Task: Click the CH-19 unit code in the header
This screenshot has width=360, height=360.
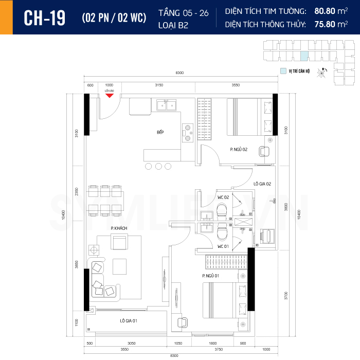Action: click(x=45, y=17)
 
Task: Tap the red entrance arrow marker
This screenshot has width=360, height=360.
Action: click(x=109, y=95)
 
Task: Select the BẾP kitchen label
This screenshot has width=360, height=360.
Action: click(x=160, y=133)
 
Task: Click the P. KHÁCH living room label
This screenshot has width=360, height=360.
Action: click(x=119, y=227)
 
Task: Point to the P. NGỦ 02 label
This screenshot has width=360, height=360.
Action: click(x=239, y=149)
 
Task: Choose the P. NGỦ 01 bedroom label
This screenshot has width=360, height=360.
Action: click(x=211, y=276)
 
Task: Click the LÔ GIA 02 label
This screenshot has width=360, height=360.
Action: click(x=262, y=184)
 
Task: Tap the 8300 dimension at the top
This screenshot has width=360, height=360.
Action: click(x=179, y=73)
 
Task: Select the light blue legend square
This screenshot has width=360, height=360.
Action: click(x=283, y=71)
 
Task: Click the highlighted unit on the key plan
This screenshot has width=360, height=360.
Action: click(x=304, y=57)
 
